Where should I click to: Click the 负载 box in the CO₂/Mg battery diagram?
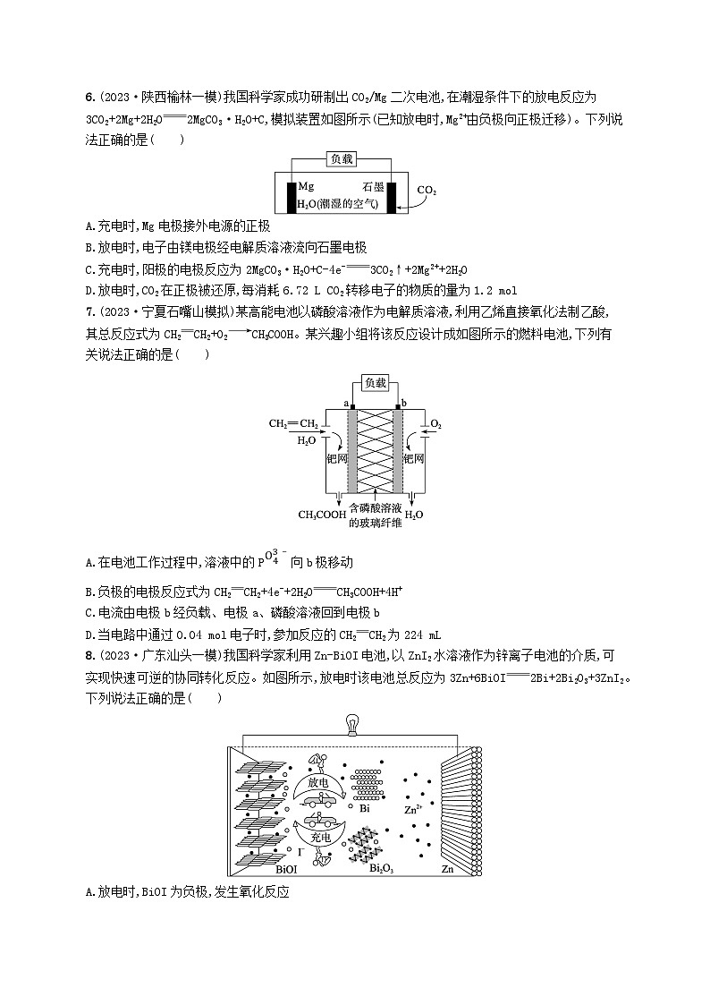pos(342,158)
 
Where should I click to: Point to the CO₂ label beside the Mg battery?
pos(427,191)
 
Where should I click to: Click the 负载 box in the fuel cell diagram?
pos(376,382)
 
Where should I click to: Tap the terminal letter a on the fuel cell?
pos(345,404)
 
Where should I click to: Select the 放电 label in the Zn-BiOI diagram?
pos(319,781)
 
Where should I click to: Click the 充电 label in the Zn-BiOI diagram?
pos(319,838)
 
